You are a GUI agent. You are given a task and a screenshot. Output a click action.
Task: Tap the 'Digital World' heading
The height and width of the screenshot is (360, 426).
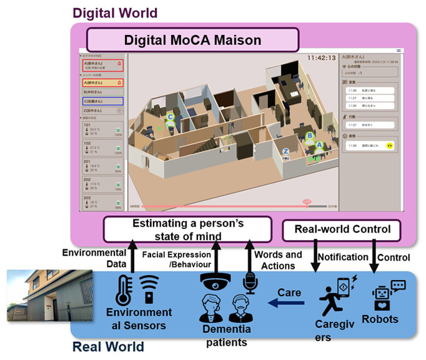pos(115,12)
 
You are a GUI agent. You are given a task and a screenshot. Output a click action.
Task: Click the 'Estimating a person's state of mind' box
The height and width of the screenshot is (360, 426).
pos(187,229)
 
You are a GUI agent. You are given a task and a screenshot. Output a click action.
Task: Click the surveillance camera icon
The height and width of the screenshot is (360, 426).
pos(214,282)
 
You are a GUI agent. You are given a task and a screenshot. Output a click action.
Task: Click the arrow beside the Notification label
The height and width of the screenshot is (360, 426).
pos(314,257)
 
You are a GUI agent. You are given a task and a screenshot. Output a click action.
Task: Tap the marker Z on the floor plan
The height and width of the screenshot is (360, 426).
pos(285,151)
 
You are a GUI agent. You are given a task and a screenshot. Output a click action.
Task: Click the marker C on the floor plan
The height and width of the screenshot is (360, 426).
pos(170,116)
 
